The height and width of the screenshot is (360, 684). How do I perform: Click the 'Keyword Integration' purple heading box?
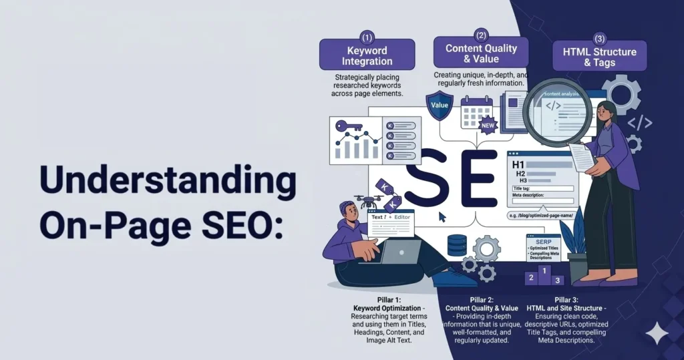[x=367, y=55]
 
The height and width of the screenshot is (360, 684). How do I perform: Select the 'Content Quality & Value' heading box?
[x=481, y=52]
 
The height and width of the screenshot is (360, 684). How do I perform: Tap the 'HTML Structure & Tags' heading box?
[x=599, y=56]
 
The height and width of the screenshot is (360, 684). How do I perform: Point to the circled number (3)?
[x=599, y=38]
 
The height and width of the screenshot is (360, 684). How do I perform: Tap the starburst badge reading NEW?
[x=489, y=124]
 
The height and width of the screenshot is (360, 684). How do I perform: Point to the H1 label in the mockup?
[x=518, y=164]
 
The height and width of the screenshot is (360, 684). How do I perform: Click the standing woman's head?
[x=605, y=113]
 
